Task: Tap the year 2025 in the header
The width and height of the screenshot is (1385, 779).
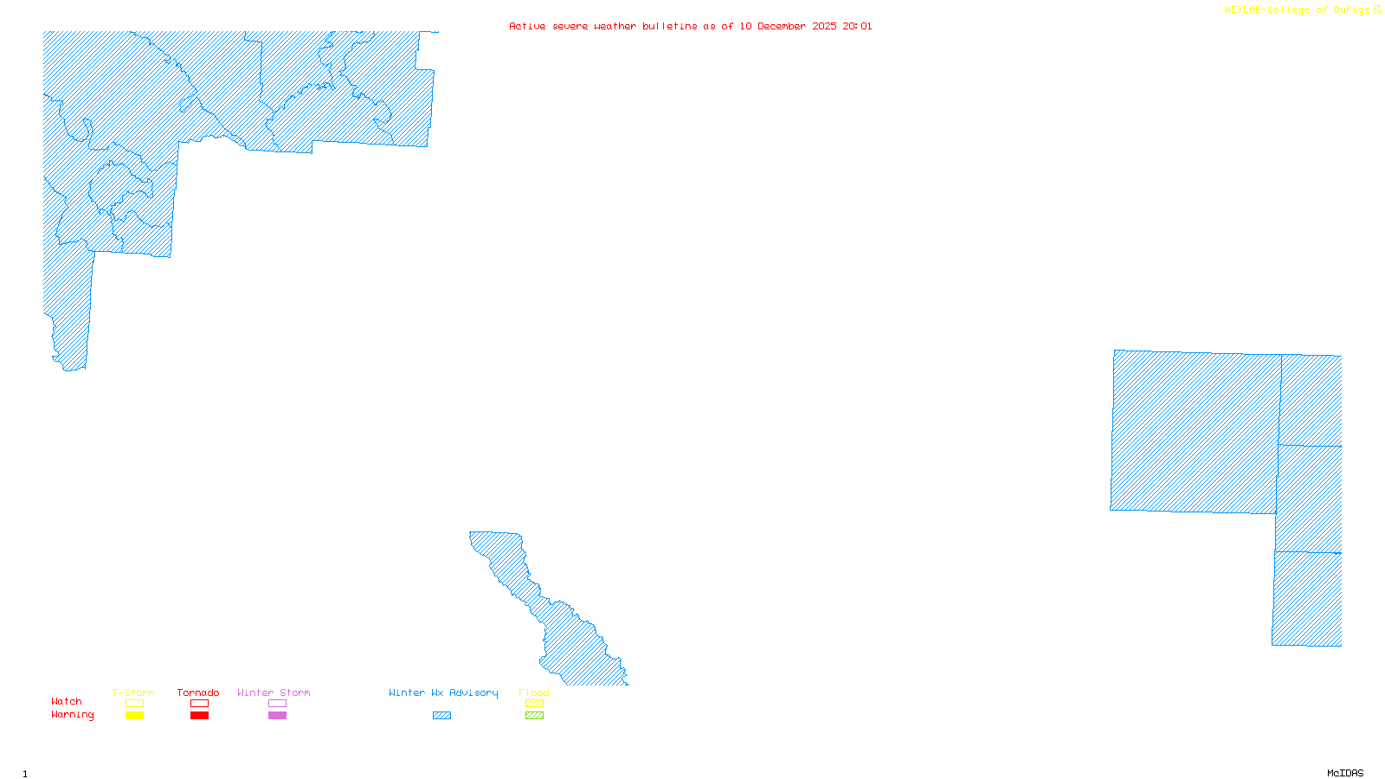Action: pyautogui.click(x=824, y=26)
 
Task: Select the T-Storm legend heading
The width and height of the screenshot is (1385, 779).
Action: pyautogui.click(x=133, y=692)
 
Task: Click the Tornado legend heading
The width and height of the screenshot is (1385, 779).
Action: pyautogui.click(x=198, y=692)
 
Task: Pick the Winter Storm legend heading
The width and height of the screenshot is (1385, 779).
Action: pyautogui.click(x=274, y=692)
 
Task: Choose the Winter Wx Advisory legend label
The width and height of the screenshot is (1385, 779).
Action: pyautogui.click(x=443, y=692)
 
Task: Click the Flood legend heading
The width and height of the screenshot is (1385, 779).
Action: pyautogui.click(x=534, y=692)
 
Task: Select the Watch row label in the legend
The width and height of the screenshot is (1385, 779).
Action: pyautogui.click(x=67, y=701)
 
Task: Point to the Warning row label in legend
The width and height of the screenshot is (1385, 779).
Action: pyautogui.click(x=72, y=715)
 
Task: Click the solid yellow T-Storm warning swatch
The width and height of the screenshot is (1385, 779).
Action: pyautogui.click(x=134, y=716)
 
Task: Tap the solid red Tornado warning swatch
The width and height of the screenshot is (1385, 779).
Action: pyautogui.click(x=199, y=716)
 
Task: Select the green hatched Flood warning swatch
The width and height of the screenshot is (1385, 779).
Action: pyautogui.click(x=534, y=716)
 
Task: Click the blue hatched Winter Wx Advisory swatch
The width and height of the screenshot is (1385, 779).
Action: pyautogui.click(x=441, y=716)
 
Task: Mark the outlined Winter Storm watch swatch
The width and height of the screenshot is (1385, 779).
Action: pyautogui.click(x=277, y=704)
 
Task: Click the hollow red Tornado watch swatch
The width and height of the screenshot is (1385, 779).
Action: pyautogui.click(x=199, y=704)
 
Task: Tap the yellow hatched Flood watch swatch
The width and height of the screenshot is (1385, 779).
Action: pyautogui.click(x=534, y=704)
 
